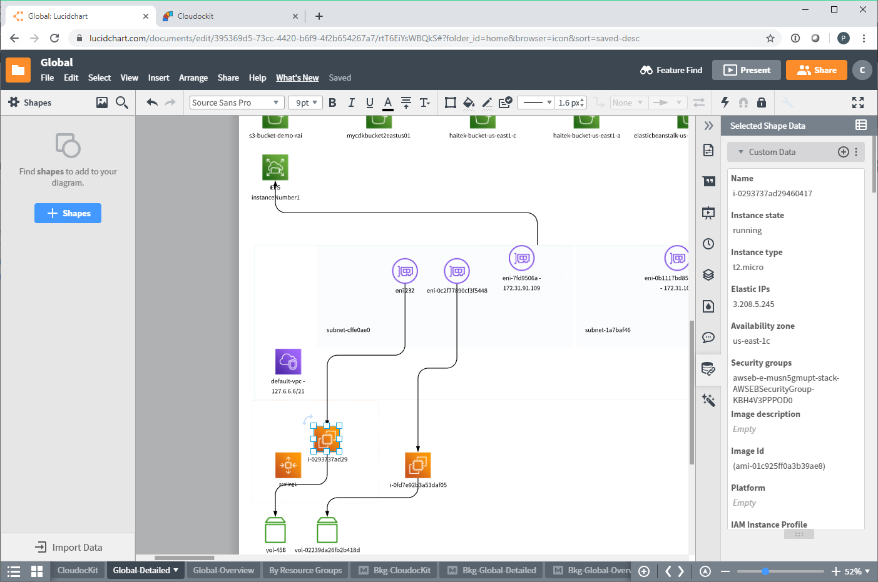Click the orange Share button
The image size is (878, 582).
(x=816, y=70)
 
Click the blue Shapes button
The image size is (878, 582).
(x=68, y=213)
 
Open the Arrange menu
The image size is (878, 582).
(x=193, y=78)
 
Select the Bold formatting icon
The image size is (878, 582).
(x=332, y=103)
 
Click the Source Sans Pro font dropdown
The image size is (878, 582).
(x=237, y=103)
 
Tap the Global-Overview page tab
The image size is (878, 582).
(x=223, y=570)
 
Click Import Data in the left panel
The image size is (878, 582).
(x=68, y=547)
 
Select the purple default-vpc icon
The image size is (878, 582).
(x=288, y=361)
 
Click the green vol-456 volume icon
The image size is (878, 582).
(x=275, y=530)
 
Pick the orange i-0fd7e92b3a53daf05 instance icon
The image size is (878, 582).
(x=418, y=465)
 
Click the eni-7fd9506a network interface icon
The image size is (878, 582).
(x=521, y=258)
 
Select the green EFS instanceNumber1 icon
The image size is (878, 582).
(x=275, y=167)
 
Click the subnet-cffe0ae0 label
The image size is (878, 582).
(x=348, y=330)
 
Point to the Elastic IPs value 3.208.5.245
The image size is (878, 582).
(x=753, y=304)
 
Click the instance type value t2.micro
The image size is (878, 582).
(x=748, y=268)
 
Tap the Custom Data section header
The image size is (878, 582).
(x=772, y=152)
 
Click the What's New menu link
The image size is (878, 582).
(x=297, y=78)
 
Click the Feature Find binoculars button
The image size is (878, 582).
(x=671, y=70)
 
